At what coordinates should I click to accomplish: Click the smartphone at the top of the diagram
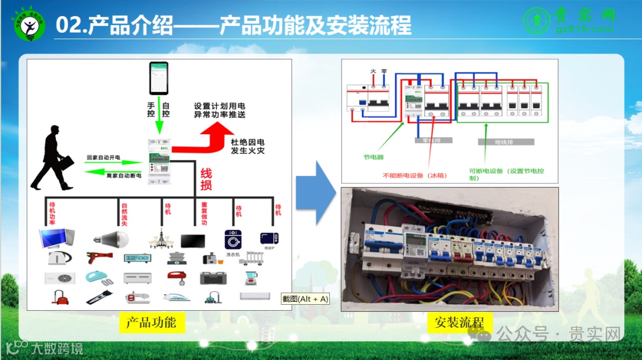pyautogui.click(x=159, y=78)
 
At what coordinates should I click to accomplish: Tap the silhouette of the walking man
pyautogui.click(x=53, y=159)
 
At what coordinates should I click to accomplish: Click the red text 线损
pyautogui.click(x=206, y=179)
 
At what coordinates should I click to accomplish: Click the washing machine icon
pyautogui.click(x=232, y=240)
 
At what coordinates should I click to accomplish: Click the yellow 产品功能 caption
pyautogui.click(x=151, y=323)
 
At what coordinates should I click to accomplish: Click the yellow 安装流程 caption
pyautogui.click(x=460, y=323)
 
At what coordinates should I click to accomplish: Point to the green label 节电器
pyautogui.click(x=373, y=157)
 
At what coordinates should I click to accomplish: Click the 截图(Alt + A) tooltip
pyautogui.click(x=306, y=299)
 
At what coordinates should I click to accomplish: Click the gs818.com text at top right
pyautogui.click(x=584, y=29)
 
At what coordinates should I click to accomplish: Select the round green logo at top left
pyautogui.click(x=29, y=24)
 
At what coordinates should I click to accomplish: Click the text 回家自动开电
pyautogui.click(x=103, y=157)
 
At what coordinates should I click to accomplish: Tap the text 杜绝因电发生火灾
pyautogui.click(x=247, y=147)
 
